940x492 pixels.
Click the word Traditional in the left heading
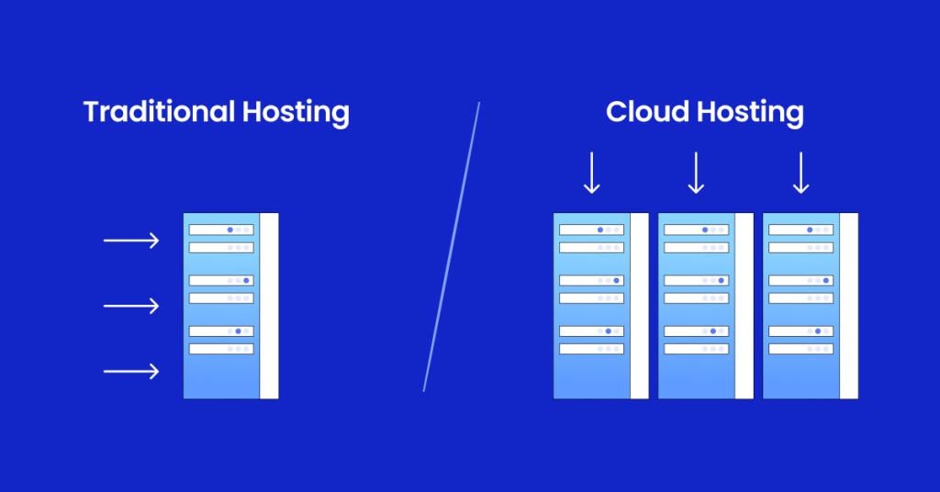159,112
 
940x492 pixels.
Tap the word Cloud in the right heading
645,112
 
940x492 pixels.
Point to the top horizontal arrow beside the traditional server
131,240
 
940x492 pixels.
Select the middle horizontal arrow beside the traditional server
131,305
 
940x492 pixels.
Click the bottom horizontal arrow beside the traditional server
131,371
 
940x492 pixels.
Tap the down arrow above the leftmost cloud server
592,173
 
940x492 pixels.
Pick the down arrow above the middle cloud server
696,173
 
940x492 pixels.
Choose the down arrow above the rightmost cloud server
800,173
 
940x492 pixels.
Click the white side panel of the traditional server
269,306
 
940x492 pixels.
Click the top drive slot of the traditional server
220,229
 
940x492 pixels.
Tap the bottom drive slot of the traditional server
220,349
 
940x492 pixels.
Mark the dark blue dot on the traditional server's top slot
229,229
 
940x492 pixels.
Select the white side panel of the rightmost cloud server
849,306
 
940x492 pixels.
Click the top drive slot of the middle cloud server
696,229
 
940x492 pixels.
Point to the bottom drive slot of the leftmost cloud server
591,349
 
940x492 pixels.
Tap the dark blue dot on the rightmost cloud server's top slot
810,229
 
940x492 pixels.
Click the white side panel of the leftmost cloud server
639,306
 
